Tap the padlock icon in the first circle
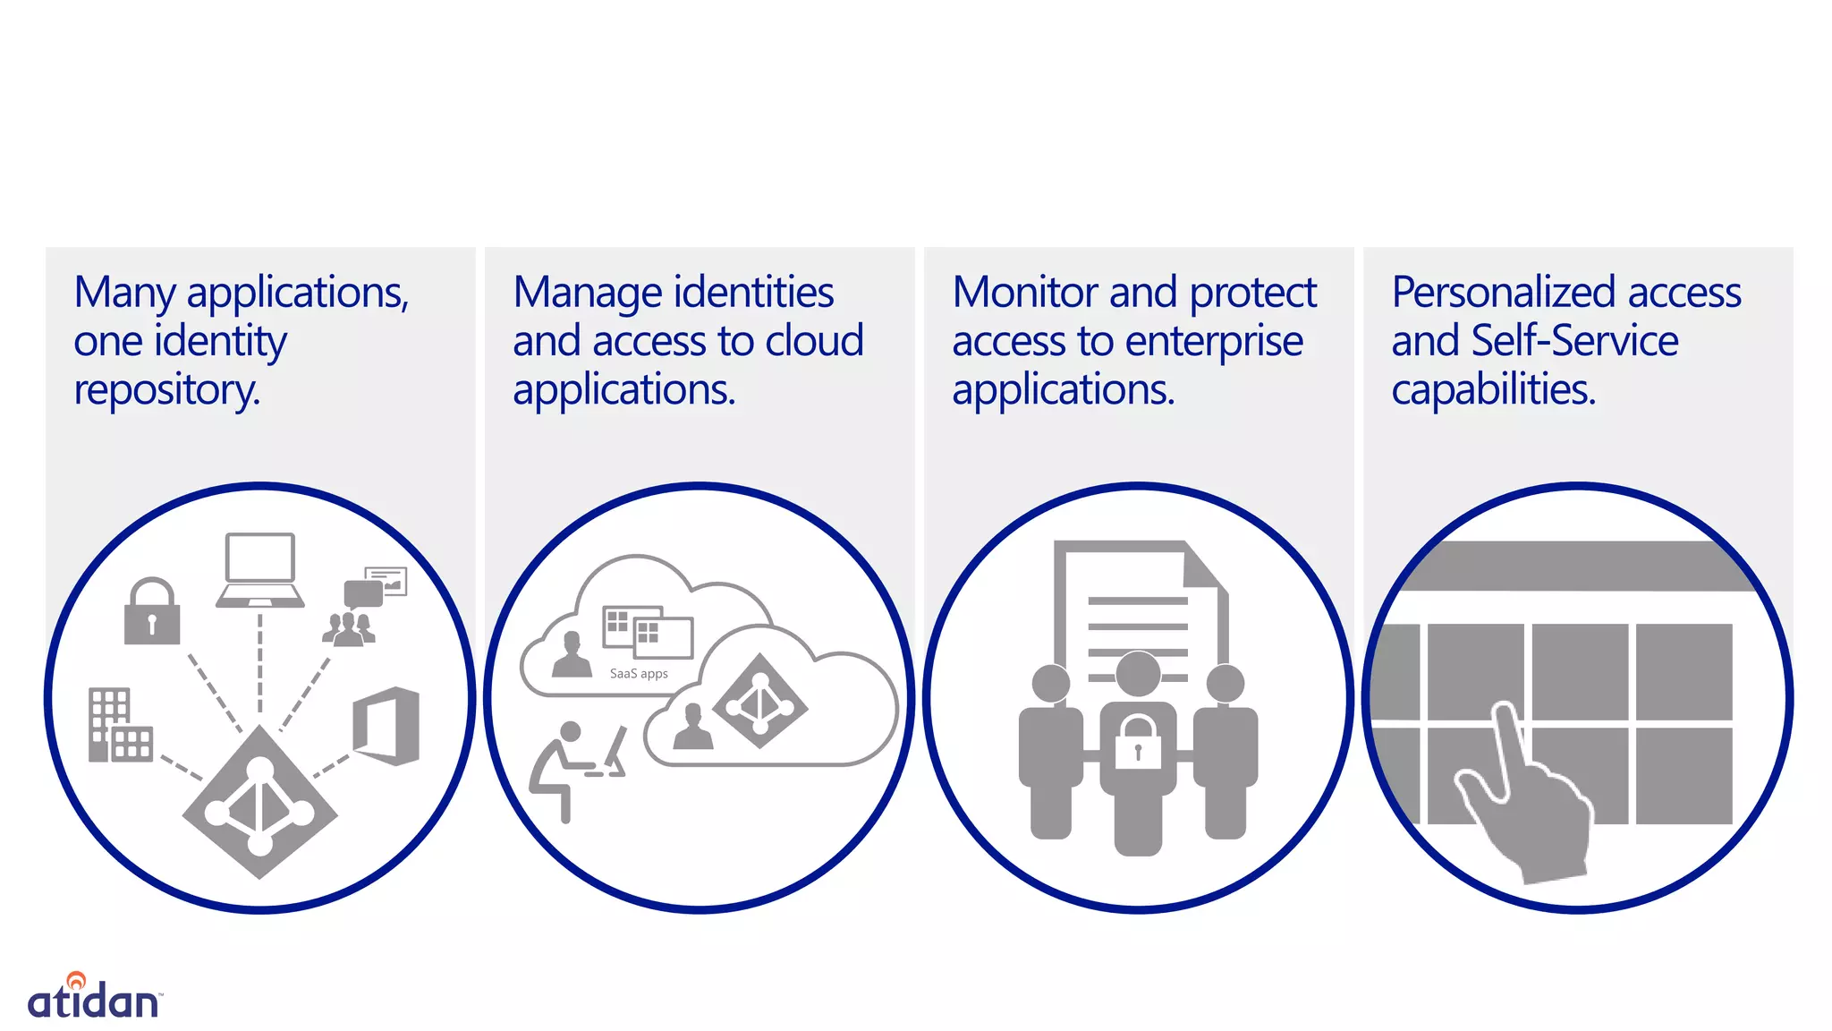[152, 612]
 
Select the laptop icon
[259, 571]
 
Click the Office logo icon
[387, 726]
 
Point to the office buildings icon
[119, 726]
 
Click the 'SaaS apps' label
[639, 674]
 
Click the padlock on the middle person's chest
[1138, 742]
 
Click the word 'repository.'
[167, 390]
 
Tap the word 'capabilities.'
[1493, 390]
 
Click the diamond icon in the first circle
[260, 802]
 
